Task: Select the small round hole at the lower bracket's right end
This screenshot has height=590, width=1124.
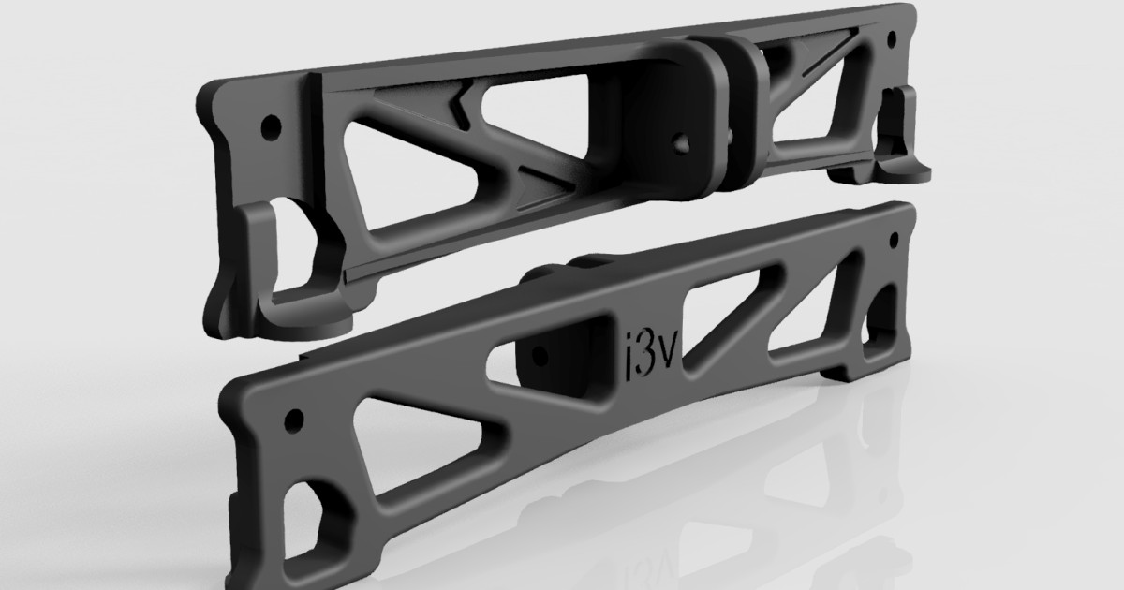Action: tap(894, 239)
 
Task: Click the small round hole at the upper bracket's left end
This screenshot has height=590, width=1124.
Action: tap(272, 124)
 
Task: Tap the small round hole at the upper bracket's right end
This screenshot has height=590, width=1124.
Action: tap(891, 40)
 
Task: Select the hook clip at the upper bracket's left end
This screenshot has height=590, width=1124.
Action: tap(281, 253)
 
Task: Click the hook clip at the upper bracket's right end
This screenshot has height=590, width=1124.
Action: tap(907, 131)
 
